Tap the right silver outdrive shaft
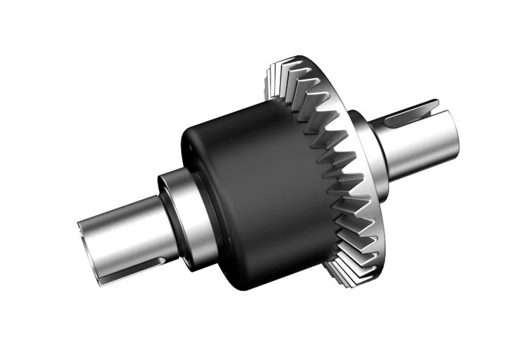(x=417, y=147)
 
